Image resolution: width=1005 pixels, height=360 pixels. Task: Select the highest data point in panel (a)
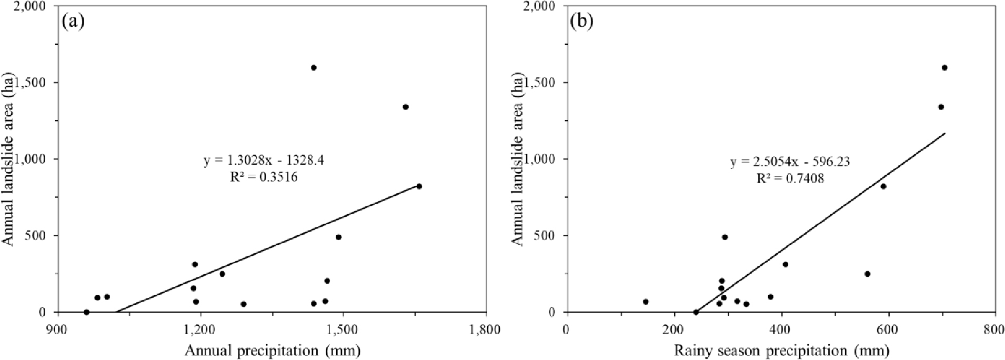click(x=314, y=67)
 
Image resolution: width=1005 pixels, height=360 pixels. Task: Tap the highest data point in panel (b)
click(x=944, y=67)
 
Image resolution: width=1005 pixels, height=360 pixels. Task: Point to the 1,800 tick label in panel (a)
click(x=486, y=330)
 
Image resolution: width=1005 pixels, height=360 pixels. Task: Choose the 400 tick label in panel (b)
click(x=781, y=330)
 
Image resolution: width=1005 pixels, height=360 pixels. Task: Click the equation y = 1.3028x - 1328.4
click(x=264, y=161)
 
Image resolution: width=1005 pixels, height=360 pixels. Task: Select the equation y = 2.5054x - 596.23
click(x=790, y=162)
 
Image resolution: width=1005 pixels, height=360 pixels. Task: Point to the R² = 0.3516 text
click(x=264, y=177)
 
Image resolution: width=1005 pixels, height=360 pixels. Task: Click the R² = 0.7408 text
click(x=790, y=178)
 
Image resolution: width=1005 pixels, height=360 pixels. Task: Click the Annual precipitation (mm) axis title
click(x=272, y=351)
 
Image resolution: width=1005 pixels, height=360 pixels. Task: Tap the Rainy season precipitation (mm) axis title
click(x=781, y=351)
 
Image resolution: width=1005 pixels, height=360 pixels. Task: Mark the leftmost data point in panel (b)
click(x=646, y=302)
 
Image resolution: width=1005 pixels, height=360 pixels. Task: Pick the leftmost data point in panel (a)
click(x=87, y=312)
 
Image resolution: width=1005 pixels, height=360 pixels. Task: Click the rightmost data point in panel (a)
click(x=419, y=186)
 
